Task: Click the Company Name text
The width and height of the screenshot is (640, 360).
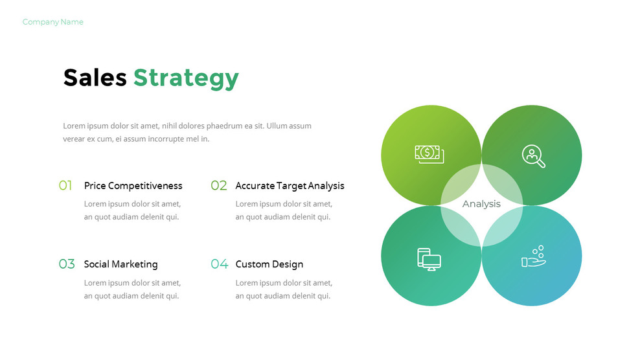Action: [x=52, y=22]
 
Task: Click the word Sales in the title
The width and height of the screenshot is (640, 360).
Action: [x=95, y=78]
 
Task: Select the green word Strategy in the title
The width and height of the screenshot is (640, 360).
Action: [x=186, y=78]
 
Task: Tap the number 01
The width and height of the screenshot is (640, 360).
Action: [x=65, y=186]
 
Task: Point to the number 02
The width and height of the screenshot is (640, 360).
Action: [x=219, y=186]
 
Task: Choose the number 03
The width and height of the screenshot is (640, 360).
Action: [x=67, y=264]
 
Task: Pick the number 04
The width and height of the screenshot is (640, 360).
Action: [x=220, y=264]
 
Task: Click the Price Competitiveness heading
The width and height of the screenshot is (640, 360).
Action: [x=133, y=186]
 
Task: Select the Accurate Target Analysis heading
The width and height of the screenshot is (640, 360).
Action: [x=290, y=186]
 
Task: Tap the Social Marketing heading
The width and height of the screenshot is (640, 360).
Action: [x=120, y=264]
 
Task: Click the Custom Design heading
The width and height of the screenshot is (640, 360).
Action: [x=269, y=264]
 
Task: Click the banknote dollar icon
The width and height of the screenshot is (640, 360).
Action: [x=429, y=153]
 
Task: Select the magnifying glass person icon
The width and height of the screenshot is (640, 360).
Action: [x=533, y=156]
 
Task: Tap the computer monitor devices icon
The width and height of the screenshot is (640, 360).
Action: [x=428, y=259]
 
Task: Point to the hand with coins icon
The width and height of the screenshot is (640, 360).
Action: [x=534, y=257]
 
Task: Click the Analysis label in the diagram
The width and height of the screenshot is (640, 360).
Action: [x=481, y=204]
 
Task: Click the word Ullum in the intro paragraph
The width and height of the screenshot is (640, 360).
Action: [x=279, y=126]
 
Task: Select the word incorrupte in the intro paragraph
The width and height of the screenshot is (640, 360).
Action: [x=165, y=139]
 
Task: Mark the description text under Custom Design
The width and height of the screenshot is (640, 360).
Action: [x=284, y=289]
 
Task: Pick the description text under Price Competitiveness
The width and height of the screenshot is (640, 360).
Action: [x=132, y=210]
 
